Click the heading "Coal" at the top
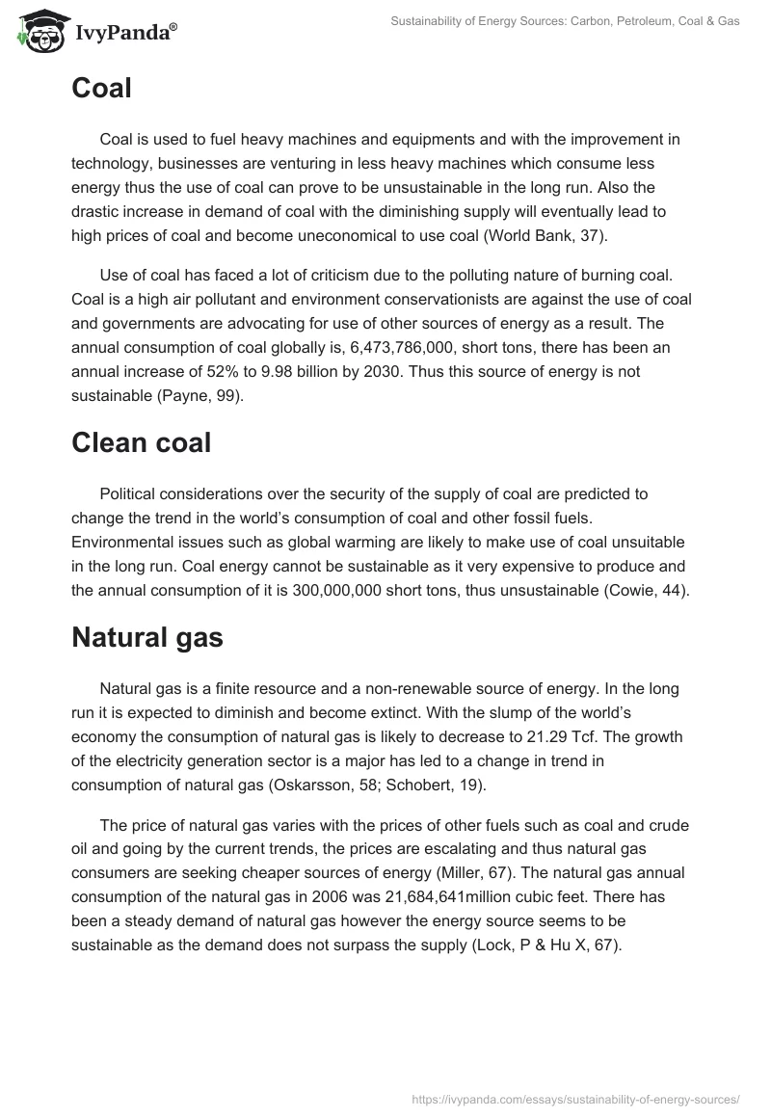tap(101, 89)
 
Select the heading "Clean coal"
tap(142, 442)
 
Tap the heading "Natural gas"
tap(147, 637)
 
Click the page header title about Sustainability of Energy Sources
tap(565, 21)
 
